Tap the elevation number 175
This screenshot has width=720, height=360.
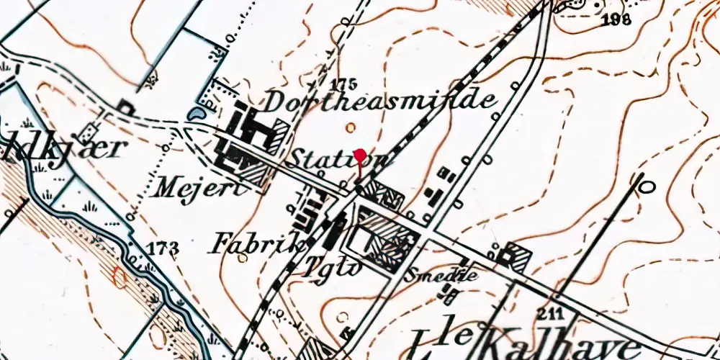[345, 81]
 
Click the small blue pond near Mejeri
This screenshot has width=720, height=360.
[196, 113]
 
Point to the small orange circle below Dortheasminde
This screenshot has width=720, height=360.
[350, 127]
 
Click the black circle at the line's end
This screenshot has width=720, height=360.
[647, 187]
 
